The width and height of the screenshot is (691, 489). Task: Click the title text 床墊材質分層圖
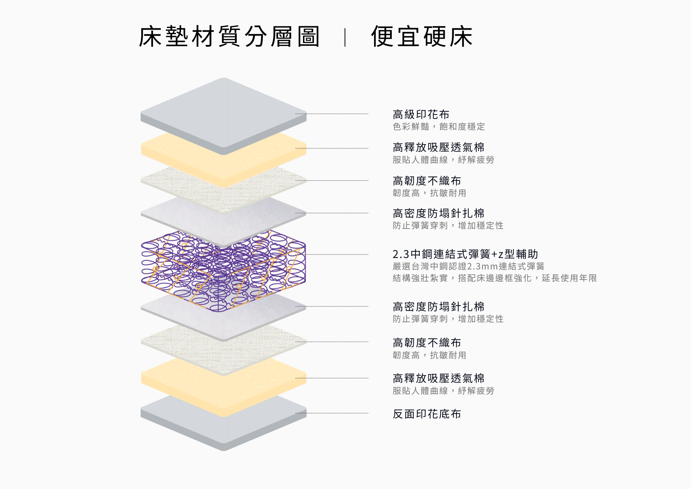click(229, 36)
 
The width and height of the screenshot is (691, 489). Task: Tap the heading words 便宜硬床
click(422, 36)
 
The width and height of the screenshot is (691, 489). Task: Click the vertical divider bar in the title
click(345, 37)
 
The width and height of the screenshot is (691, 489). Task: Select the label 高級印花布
click(421, 114)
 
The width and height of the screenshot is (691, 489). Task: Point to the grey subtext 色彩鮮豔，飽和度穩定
click(439, 127)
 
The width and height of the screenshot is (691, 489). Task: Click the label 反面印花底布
click(427, 414)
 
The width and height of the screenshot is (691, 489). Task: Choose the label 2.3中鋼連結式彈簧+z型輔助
click(465, 254)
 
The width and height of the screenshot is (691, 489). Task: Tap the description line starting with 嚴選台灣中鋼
click(468, 266)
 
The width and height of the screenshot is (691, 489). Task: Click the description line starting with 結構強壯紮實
click(495, 278)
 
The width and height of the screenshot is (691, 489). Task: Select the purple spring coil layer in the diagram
click(223, 270)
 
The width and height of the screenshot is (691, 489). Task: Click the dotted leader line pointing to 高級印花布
click(332, 114)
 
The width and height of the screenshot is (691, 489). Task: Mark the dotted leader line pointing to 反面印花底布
click(332, 413)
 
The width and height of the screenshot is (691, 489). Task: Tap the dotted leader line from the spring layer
click(337, 255)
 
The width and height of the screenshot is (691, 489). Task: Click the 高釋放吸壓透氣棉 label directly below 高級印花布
click(438, 147)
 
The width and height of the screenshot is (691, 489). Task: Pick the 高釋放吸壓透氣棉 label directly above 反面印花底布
click(438, 378)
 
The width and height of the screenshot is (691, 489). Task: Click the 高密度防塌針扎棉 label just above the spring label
click(438, 213)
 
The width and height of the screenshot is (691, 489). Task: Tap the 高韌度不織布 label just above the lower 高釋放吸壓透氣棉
click(427, 343)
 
